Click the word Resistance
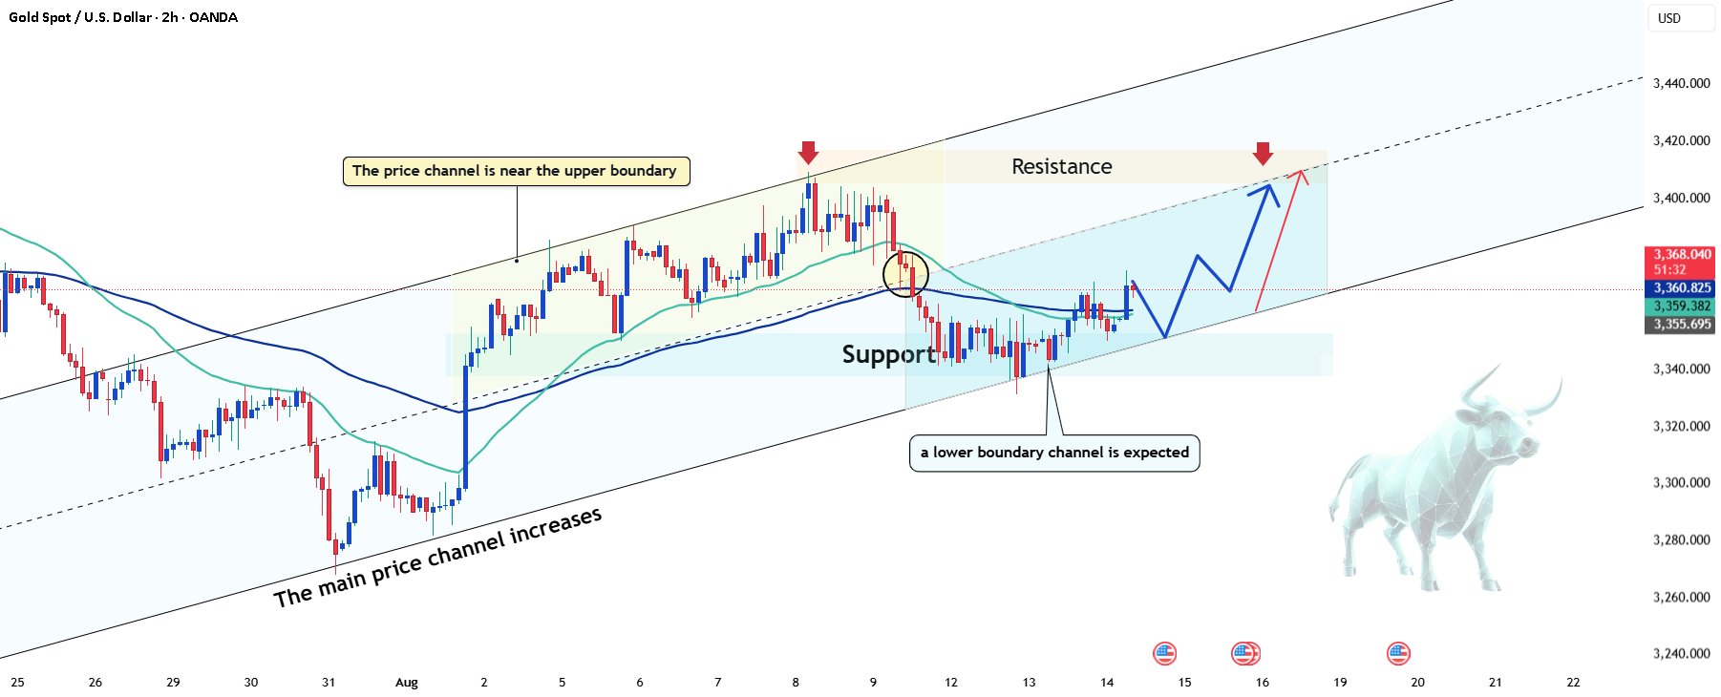tap(1062, 167)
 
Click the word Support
tap(888, 354)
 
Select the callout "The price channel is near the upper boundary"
tap(516, 171)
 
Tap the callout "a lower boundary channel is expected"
tap(1054, 453)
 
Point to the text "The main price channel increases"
tap(437, 557)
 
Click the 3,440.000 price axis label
tap(1682, 83)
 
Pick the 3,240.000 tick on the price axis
tap(1682, 654)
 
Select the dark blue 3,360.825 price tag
tap(1682, 287)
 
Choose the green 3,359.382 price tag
tap(1682, 306)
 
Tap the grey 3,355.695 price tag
tap(1682, 324)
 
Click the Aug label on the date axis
tap(407, 683)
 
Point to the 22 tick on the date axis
tap(1573, 683)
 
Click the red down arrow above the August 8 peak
tap(808, 153)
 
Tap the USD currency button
tap(1669, 18)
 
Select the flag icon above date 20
tap(1398, 654)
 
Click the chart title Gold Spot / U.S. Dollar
tap(81, 17)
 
